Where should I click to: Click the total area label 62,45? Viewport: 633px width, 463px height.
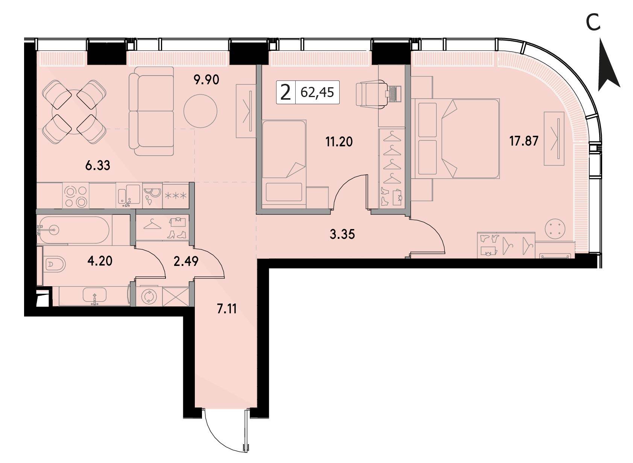pos(317,93)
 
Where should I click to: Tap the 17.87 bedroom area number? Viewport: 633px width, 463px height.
pos(524,141)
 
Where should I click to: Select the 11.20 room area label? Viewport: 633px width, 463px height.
pos(339,142)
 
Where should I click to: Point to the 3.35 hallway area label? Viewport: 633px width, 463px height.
pos(342,234)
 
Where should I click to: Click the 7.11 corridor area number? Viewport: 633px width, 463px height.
pos(227,309)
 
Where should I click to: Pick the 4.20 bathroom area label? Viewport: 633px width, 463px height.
pos(100,261)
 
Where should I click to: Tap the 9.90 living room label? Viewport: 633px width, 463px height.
pos(206,80)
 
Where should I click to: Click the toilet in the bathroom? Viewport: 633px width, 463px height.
pos(54,264)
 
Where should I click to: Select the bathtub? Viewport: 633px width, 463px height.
pos(74,230)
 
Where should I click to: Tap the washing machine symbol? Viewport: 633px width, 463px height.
pos(149,297)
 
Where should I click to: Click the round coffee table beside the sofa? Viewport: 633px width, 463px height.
pos(200,111)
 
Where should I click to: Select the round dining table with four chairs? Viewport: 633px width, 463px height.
pos(74,112)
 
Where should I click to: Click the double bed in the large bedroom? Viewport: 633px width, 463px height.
pos(455,138)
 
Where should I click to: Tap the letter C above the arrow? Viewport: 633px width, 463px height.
pos(593,23)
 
